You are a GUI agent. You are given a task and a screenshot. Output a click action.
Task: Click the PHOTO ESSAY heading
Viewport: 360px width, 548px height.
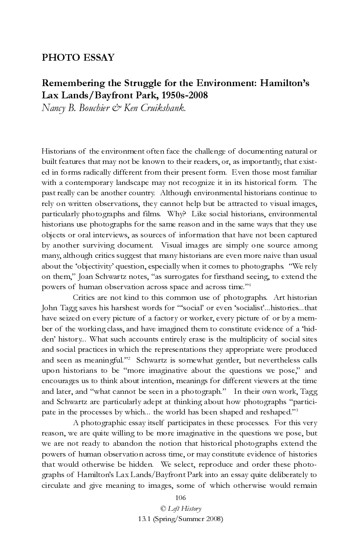click(78, 58)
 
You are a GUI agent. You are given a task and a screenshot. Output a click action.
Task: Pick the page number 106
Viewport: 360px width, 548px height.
click(180, 509)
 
